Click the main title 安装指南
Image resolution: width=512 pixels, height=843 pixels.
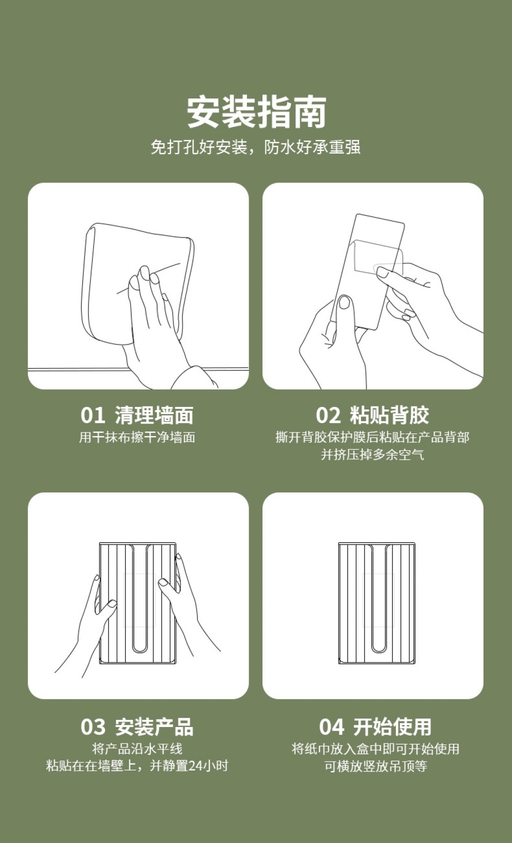point(256,112)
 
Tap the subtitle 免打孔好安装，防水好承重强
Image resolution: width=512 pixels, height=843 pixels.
point(255,147)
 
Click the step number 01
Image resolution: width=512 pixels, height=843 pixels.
point(92,415)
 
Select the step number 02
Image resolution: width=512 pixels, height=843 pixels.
point(328,415)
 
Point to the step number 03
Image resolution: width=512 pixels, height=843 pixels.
point(93,727)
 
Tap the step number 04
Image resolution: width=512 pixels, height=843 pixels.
point(331,727)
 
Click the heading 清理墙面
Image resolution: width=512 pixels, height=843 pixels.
point(154,415)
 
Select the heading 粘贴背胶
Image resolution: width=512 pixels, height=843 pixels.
point(389,415)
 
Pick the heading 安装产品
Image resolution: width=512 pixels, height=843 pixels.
point(154,727)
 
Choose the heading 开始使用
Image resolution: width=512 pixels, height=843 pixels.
point(392,727)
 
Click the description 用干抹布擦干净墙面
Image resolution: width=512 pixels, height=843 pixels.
point(137,437)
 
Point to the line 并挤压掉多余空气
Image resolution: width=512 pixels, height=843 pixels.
point(372,454)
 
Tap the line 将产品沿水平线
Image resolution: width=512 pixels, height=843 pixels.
point(137,749)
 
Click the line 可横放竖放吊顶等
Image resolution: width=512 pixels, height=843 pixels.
point(375,766)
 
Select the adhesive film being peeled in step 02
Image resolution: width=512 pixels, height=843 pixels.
point(378,256)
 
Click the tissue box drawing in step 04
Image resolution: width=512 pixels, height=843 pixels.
point(376,603)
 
